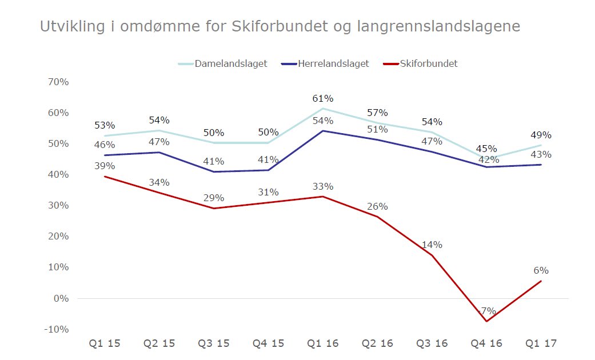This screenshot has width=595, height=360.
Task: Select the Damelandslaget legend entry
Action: coord(230,63)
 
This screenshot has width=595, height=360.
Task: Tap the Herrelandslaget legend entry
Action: coord(333,63)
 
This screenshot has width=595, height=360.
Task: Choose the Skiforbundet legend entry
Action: coord(429,63)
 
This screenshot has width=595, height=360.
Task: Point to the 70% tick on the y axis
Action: coord(58,82)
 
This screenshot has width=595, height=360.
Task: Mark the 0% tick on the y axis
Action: coord(60,298)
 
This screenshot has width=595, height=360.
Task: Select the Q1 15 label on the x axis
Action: coord(105,343)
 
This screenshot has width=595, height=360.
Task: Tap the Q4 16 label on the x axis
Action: coord(487,343)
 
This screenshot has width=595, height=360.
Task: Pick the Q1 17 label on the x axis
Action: coord(541,343)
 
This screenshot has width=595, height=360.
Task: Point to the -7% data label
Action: coord(487,311)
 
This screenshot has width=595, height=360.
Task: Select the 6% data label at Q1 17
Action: coord(541,271)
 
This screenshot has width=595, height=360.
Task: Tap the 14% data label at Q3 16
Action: coord(432,245)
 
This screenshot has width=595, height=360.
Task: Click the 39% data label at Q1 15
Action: coord(105,166)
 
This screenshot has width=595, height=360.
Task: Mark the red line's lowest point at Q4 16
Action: coord(487,321)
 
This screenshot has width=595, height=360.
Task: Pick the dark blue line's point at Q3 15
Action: coord(213,171)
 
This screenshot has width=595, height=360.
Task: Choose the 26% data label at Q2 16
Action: coord(377,206)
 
